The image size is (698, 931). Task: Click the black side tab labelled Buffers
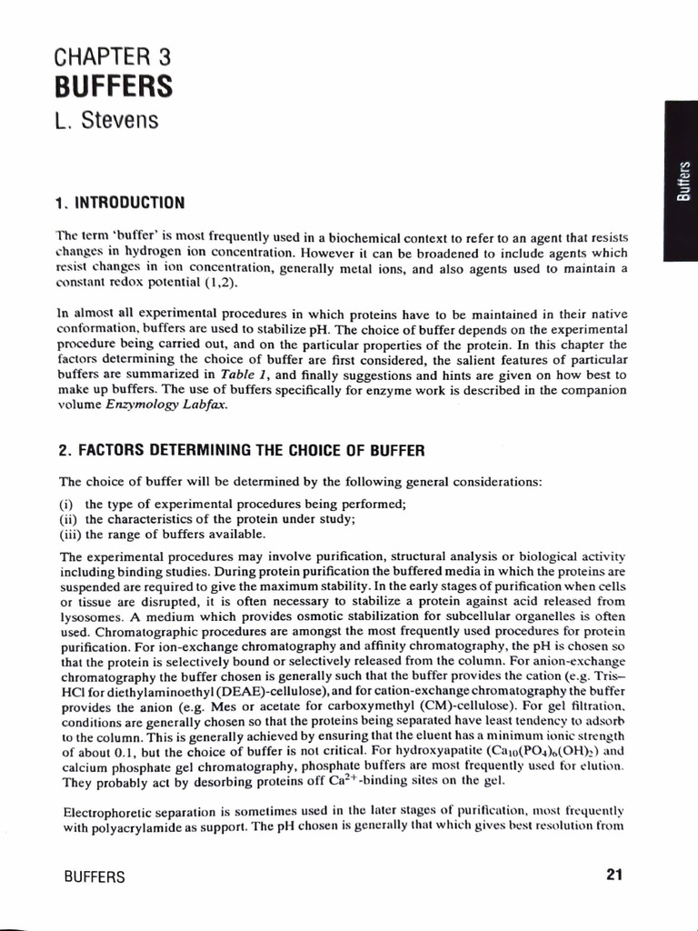681,182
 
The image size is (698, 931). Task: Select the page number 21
613,876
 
